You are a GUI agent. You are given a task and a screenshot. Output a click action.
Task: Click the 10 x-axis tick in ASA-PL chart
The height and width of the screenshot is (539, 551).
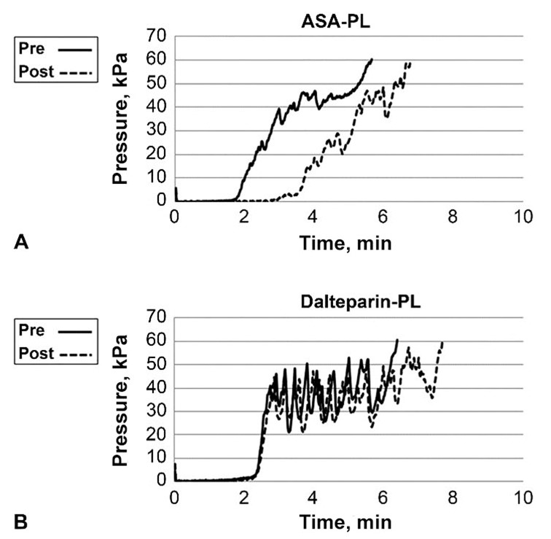coord(522,217)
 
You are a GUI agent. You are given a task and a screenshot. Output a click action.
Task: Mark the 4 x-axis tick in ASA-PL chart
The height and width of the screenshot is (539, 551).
coord(313,217)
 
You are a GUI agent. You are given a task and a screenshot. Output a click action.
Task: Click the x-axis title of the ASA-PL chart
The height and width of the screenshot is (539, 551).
coord(348,243)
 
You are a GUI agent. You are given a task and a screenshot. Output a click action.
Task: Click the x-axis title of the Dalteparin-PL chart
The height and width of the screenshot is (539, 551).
coord(348,522)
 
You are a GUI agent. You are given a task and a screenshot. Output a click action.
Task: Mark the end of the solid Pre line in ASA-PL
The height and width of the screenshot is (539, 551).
coord(372,59)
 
